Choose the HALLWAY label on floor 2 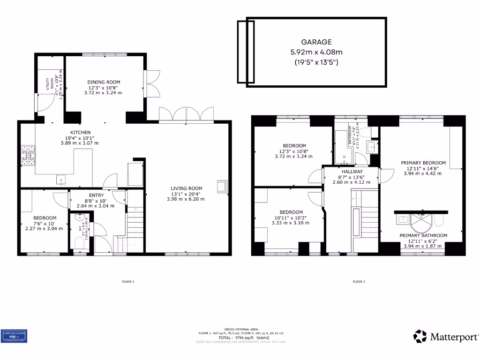coord(352,172)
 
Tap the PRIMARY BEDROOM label coord(423,163)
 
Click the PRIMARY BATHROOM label coord(423,235)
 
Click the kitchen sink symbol coord(60,179)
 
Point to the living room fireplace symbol coord(221,186)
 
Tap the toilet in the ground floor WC coord(79,242)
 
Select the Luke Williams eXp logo coord(14,336)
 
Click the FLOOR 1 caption coord(127,282)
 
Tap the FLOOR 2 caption coord(359,282)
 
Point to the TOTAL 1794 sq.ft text coord(240,337)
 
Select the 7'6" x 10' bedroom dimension coord(45,223)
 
